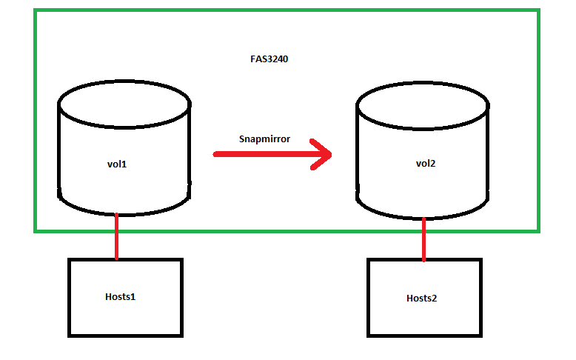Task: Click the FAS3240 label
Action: pos(269,59)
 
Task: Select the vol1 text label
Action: pos(117,164)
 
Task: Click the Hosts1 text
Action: pos(122,296)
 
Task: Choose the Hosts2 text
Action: pos(422,298)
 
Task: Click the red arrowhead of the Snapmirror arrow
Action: pos(323,154)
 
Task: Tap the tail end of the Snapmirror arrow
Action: pos(217,154)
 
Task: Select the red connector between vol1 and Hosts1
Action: pos(116,236)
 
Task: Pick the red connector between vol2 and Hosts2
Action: pos(423,239)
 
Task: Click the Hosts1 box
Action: pos(124,319)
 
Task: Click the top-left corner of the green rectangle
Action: pos(36,11)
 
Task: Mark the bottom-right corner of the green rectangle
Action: pos(538,230)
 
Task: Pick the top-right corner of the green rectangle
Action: pos(538,11)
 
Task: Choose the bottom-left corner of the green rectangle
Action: pos(36,230)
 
